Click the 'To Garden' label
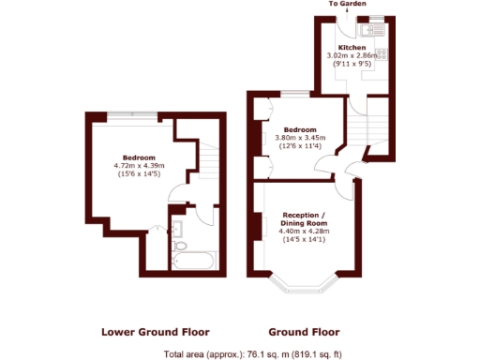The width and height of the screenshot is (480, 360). click(x=348, y=5)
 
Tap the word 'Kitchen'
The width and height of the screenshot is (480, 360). click(x=351, y=47)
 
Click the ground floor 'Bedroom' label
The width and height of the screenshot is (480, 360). click(x=300, y=129)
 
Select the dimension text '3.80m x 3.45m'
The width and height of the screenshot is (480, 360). click(x=300, y=138)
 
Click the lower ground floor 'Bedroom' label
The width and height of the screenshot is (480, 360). click(x=138, y=157)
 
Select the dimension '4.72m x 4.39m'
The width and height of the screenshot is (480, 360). click(x=138, y=166)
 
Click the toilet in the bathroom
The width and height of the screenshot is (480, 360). click(x=175, y=199)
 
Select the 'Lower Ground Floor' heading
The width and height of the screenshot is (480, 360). click(x=155, y=332)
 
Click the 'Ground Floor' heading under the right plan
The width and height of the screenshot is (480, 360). click(x=304, y=332)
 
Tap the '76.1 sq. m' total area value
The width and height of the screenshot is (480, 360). click(x=270, y=353)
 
